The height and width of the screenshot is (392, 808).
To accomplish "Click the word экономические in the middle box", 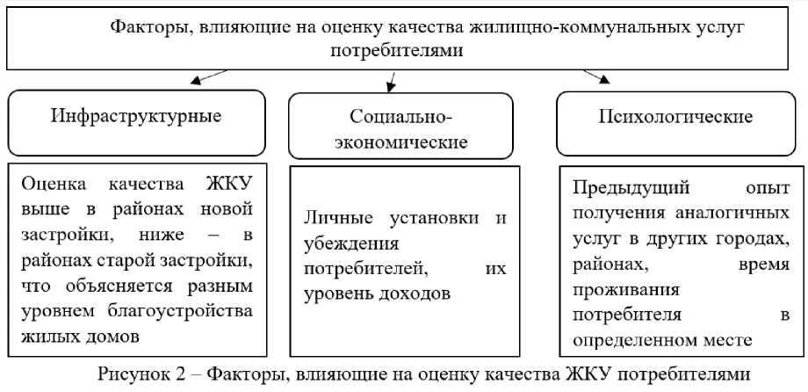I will (x=400, y=142).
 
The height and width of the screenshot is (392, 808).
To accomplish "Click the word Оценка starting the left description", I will (x=55, y=185).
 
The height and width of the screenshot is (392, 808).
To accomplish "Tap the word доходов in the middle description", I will (x=414, y=294).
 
